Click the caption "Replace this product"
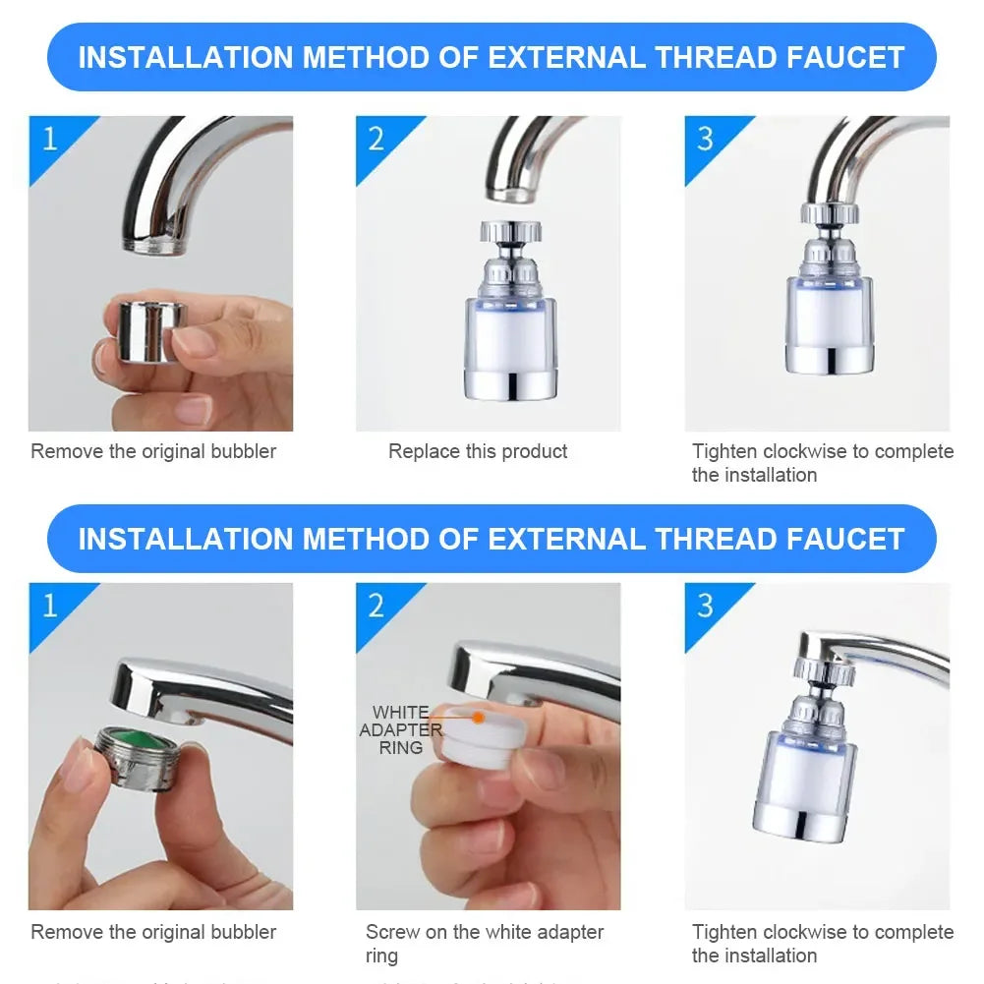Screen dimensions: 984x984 pos(478,451)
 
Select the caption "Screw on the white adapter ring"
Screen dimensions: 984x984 pos(485,943)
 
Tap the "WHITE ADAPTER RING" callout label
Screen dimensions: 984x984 pos(401,729)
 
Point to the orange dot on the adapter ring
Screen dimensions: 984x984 pos(478,718)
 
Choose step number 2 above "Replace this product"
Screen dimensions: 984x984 pos(376,138)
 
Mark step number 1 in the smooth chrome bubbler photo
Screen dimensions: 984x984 pos(49,138)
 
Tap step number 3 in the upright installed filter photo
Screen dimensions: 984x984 pos(705,138)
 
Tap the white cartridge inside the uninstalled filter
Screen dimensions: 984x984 pos(506,334)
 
